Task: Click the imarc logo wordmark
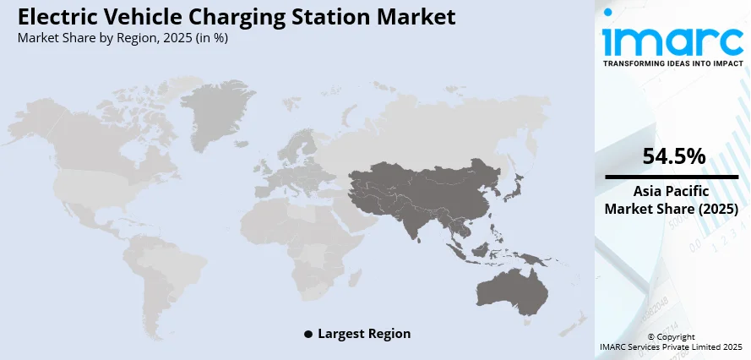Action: (672, 38)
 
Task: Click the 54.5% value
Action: (673, 157)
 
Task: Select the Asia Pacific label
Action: (673, 192)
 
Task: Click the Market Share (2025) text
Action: (673, 209)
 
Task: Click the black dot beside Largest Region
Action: (308, 335)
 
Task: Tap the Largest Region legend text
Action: (364, 334)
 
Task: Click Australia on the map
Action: (511, 287)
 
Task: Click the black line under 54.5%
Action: (673, 177)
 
